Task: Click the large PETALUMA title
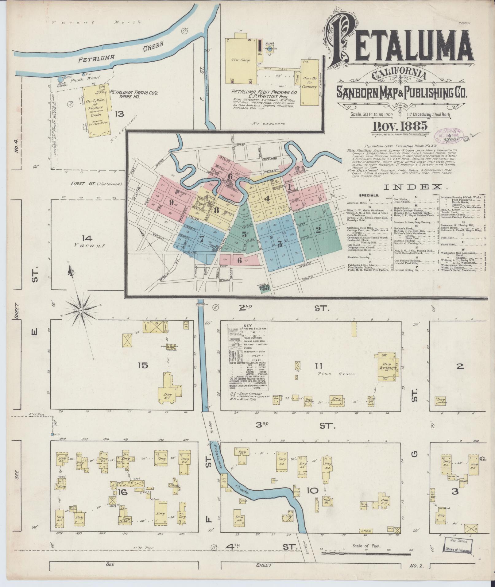[x=399, y=44]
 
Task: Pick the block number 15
[x=143, y=365]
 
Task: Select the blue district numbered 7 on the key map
[x=202, y=239]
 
